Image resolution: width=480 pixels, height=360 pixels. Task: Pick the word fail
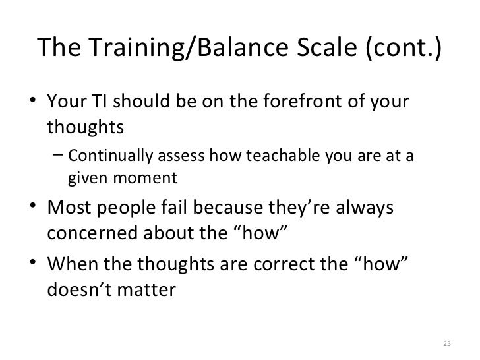204,209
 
